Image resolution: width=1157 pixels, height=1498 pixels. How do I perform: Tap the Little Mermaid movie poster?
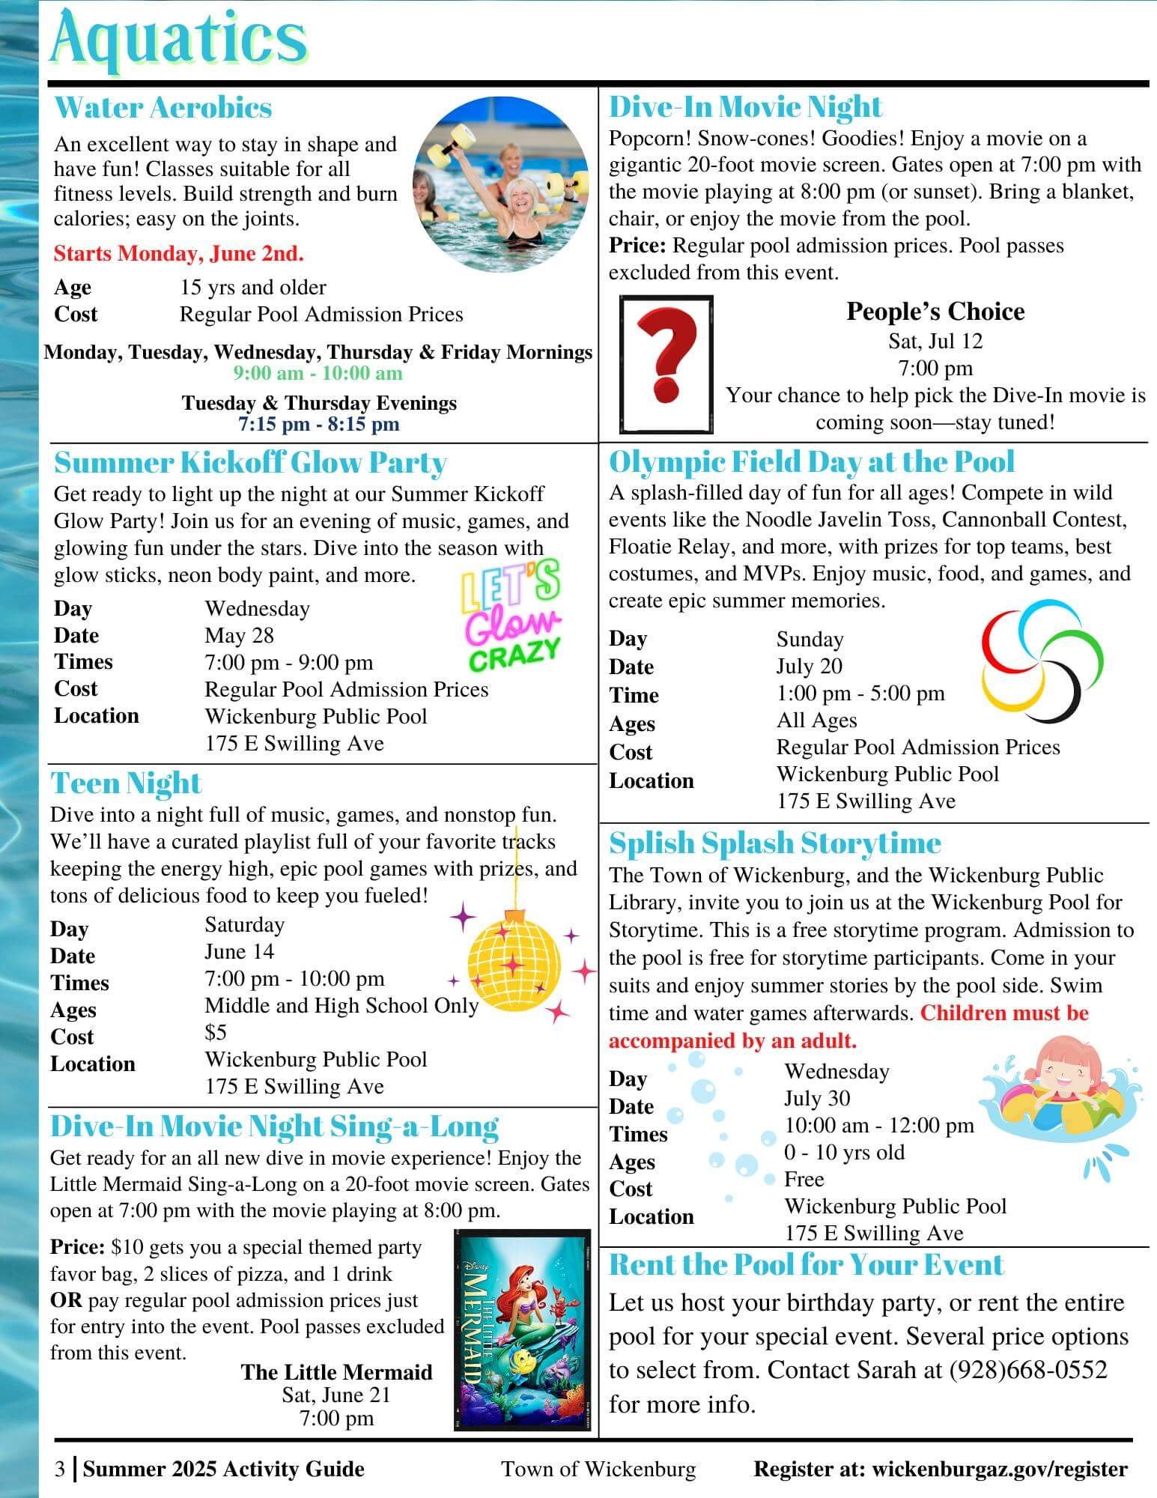pyautogui.click(x=522, y=1329)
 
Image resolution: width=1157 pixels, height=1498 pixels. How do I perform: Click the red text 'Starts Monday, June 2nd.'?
pyautogui.click(x=178, y=254)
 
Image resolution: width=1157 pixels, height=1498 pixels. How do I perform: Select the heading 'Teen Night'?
pyautogui.click(x=126, y=783)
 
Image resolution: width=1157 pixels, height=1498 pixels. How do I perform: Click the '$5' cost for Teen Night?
pyautogui.click(x=216, y=1033)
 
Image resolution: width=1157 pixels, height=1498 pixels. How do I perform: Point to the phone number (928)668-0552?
pyautogui.click(x=1028, y=1370)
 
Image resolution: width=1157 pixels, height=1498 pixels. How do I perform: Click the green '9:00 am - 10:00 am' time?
pyautogui.click(x=318, y=373)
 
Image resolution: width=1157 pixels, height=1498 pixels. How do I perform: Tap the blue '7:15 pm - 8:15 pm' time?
pyautogui.click(x=318, y=424)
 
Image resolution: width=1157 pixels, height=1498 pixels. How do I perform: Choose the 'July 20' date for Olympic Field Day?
pyautogui.click(x=809, y=666)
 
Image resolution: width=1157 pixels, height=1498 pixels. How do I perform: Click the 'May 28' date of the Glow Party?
pyautogui.click(x=239, y=635)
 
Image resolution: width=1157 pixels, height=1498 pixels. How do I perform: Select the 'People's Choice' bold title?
pyautogui.click(x=935, y=312)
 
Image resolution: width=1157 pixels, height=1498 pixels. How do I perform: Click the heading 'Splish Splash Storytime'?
pyautogui.click(x=774, y=843)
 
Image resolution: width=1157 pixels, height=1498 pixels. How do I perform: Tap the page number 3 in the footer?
pyautogui.click(x=60, y=1469)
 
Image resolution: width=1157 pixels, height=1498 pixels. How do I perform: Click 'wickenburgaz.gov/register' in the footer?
pyautogui.click(x=1000, y=1469)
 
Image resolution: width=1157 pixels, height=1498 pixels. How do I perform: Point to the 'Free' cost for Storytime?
pyautogui.click(x=804, y=1180)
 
